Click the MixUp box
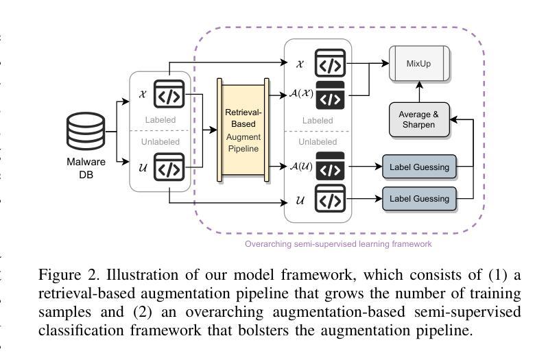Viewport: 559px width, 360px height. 419,64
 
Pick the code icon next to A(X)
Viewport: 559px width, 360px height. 330,95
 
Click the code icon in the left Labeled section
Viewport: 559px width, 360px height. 169,95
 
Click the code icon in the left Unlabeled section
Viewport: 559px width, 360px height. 169,167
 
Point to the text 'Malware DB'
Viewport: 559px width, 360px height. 86,168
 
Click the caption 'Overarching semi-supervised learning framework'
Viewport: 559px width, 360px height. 338,243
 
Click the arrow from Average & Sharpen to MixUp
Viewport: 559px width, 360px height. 419,93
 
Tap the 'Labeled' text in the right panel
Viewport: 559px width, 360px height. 318,121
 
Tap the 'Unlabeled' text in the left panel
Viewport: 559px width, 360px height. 160,142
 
